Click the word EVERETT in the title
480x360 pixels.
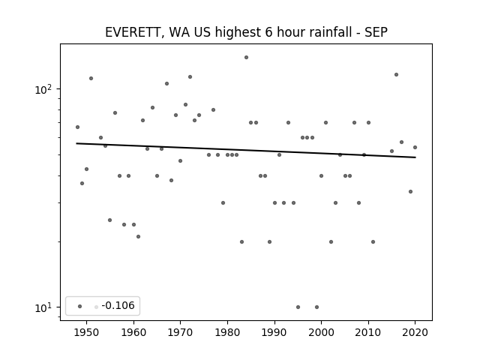point(133,32)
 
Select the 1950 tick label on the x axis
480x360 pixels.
point(87,332)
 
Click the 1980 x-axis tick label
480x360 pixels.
point(227,332)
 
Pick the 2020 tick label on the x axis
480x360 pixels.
point(415,332)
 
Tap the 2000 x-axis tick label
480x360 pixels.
point(321,332)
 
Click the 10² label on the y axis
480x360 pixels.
point(43,89)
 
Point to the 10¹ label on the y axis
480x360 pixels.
point(43,307)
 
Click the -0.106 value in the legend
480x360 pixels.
point(118,305)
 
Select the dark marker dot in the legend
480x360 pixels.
point(80,307)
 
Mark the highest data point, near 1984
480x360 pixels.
point(247,58)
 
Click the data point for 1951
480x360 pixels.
point(91,78)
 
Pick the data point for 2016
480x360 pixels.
point(397,75)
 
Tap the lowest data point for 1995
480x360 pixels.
point(298,307)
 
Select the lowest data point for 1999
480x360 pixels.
point(316,307)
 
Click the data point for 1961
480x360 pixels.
point(138,237)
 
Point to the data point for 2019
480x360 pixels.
point(410,192)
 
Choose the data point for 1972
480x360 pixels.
point(190,76)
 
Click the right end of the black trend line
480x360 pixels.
point(415,157)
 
